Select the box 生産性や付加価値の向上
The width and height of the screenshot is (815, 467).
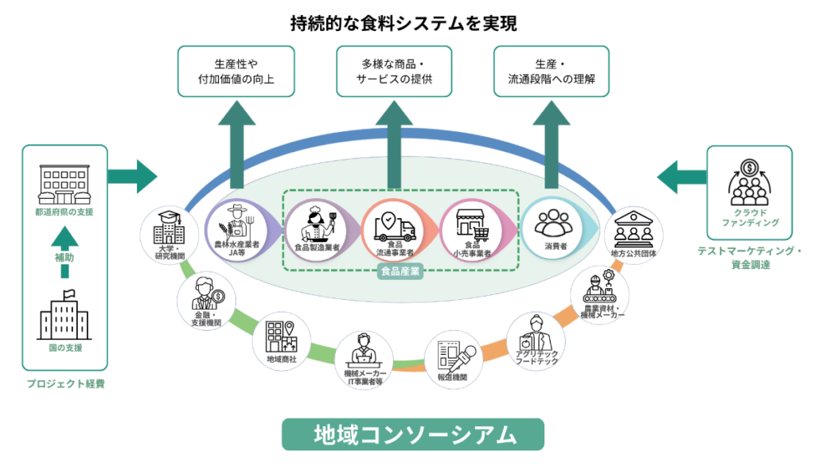(236, 72)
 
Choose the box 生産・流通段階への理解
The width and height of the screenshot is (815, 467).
(552, 72)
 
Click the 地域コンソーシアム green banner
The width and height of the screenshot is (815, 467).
(413, 435)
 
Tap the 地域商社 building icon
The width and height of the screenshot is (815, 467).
(281, 337)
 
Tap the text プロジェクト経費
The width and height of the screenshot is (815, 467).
(65, 384)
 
